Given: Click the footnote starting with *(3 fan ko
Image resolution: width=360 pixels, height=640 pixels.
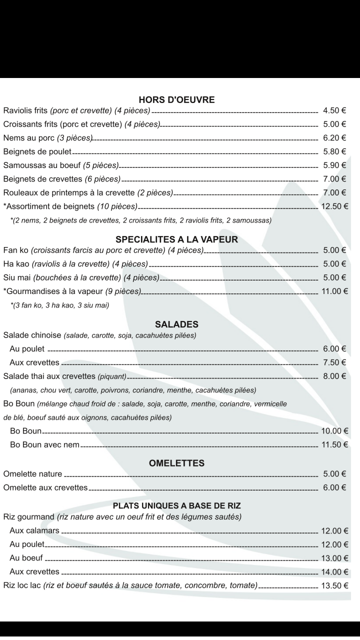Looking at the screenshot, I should point(59,305).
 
